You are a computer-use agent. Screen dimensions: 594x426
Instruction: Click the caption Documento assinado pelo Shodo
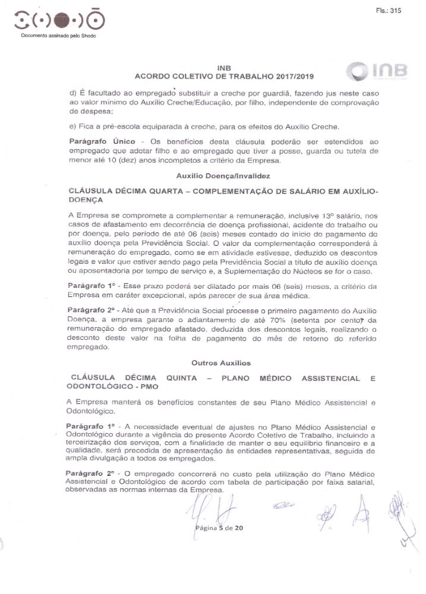tap(58, 36)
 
